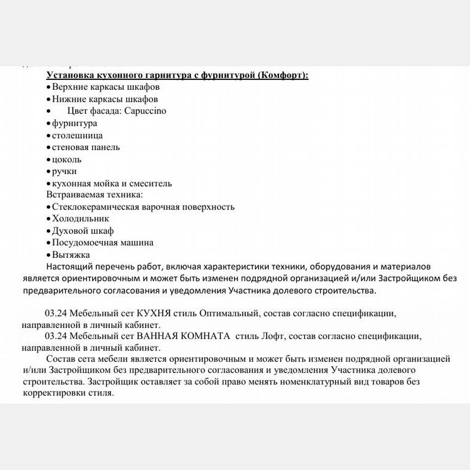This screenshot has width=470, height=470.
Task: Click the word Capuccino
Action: pyautogui.click(x=145, y=111)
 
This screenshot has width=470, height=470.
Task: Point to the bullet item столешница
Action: pyautogui.click(x=77, y=135)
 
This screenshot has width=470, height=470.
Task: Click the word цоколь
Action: pyautogui.click(x=67, y=159)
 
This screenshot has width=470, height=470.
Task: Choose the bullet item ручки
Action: pyautogui.click(x=64, y=171)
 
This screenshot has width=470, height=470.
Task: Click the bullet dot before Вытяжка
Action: pyautogui.click(x=48, y=255)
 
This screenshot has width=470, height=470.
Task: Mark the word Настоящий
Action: pyautogui.click(x=69, y=267)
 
